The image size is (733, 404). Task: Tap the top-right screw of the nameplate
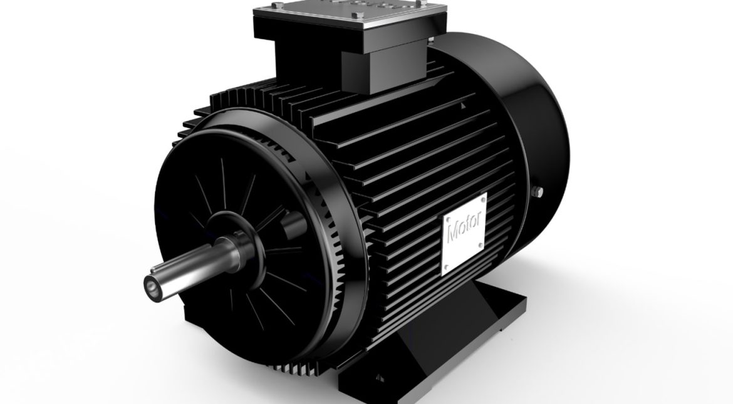481,199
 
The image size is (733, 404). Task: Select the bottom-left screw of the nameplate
445,270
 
